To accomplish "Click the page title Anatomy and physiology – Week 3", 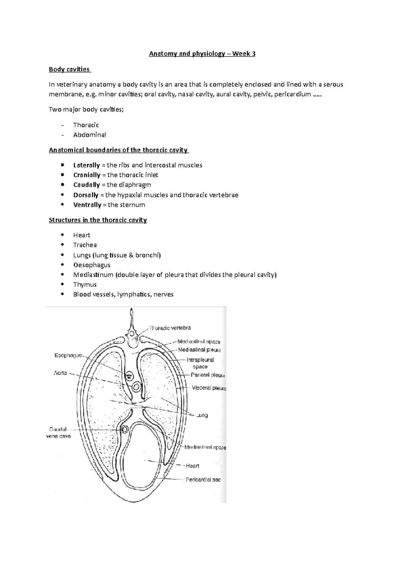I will point(202,54).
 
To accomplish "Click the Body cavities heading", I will point(69,69).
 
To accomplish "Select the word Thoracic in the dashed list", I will point(86,125).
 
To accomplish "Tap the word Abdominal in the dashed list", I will point(90,135).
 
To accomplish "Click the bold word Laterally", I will point(87,165).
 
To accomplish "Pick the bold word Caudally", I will point(87,185).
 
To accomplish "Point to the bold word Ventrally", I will point(87,205).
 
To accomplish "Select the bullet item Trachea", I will point(85,245).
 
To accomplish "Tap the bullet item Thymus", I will point(85,284).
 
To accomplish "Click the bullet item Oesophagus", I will point(92,265).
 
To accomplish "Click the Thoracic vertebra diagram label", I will point(170,328).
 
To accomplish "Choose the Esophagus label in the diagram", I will point(68,355).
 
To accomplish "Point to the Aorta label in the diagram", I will point(61,373).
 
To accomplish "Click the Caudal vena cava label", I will point(58,433).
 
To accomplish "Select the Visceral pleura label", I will point(209,388).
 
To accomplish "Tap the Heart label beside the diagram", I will point(192,466).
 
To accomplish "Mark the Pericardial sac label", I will point(203,479).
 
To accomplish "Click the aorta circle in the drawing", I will point(136,387).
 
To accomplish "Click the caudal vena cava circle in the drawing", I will point(125,430).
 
